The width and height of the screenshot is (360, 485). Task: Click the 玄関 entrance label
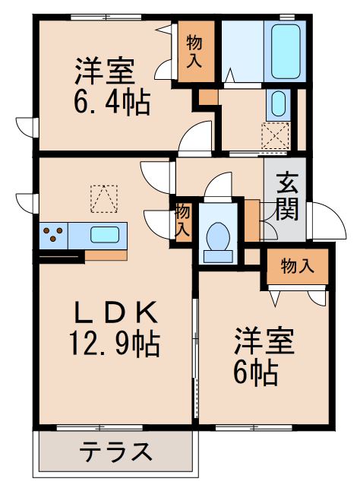286,196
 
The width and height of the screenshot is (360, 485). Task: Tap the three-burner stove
53,234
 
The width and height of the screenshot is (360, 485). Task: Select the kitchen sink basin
105,233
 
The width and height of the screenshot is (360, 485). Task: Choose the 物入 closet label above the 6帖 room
297,266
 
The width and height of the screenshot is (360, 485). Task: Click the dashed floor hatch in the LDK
104,198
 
